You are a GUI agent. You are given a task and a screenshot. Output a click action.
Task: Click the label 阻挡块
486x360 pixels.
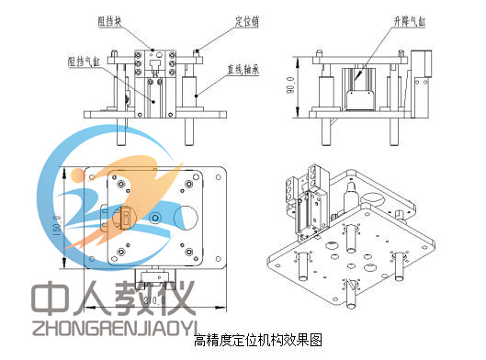(x=112, y=17)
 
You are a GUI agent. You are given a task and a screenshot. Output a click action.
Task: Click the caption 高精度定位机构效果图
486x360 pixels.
(x=243, y=341)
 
